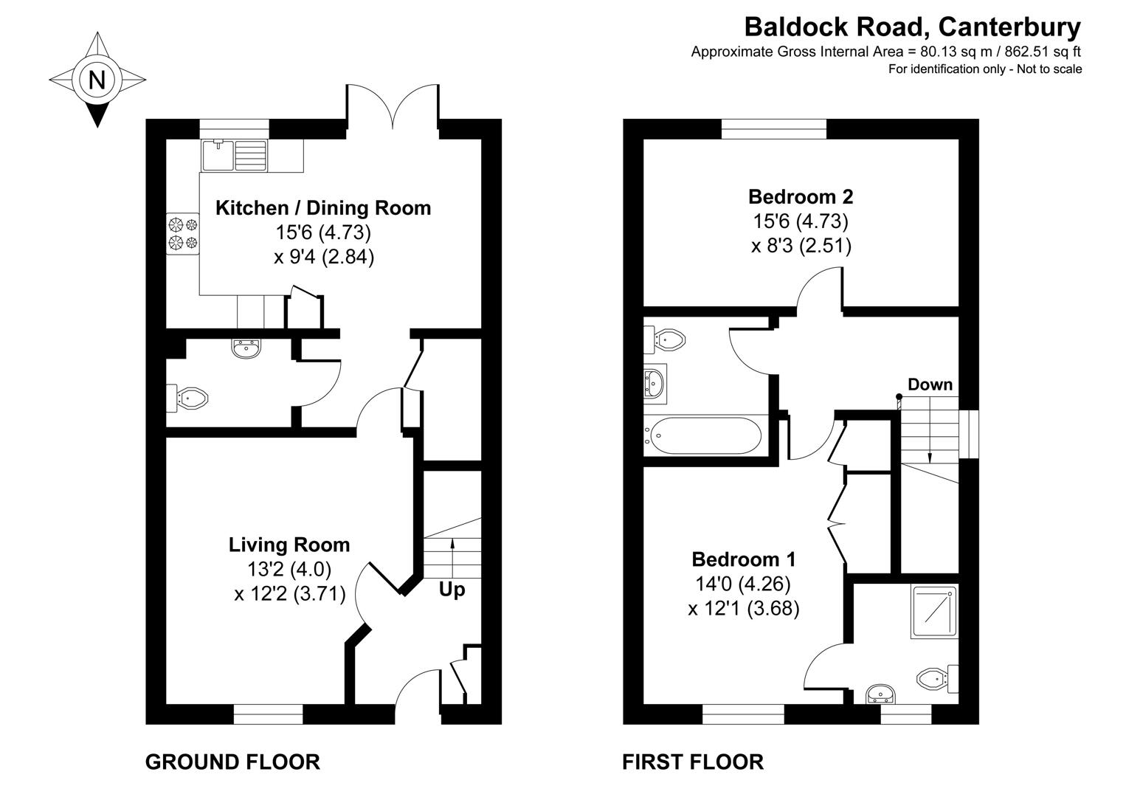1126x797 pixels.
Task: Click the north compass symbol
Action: (x=97, y=79)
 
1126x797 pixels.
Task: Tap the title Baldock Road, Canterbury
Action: (x=912, y=27)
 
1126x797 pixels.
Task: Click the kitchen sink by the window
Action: (x=235, y=154)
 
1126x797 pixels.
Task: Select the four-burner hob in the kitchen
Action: (x=183, y=232)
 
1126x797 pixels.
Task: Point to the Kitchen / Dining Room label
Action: (x=323, y=208)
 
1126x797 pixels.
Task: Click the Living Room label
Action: (x=289, y=545)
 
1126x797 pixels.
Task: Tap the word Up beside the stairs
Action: (x=452, y=590)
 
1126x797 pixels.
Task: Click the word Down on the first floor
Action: (x=930, y=384)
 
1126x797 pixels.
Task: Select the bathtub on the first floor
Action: (x=704, y=435)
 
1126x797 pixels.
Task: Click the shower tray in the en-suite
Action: (x=934, y=612)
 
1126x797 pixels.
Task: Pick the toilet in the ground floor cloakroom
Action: (x=187, y=399)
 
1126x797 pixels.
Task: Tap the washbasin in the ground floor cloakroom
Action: (x=246, y=348)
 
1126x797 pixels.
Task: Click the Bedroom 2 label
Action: (x=801, y=197)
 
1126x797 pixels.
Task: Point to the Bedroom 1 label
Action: (x=743, y=559)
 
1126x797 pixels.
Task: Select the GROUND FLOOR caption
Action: (x=232, y=762)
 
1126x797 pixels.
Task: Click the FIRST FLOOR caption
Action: (x=693, y=762)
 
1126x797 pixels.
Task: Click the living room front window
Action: (x=269, y=713)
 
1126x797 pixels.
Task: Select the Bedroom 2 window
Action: (x=773, y=128)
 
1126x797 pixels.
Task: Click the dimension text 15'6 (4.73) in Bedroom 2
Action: (x=801, y=221)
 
